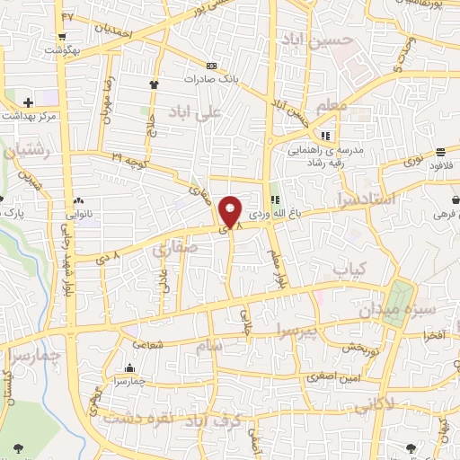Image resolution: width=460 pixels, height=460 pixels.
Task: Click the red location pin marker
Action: click(230, 213)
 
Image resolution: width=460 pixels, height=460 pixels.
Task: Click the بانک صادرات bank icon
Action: click(211, 66)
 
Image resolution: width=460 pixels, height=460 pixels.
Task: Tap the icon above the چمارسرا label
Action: click(129, 367)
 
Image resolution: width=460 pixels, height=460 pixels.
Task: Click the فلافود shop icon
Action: click(440, 152)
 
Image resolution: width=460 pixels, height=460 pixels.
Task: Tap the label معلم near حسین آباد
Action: click(332, 107)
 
